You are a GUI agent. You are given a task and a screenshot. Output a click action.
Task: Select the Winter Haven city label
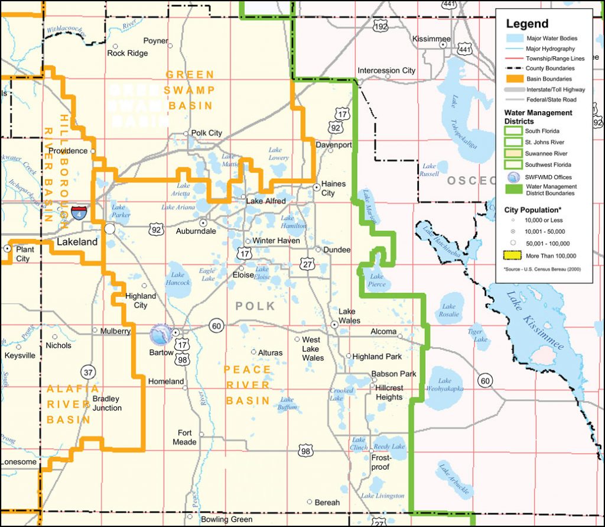coord(276,241)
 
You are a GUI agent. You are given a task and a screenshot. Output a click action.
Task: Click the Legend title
coord(527,24)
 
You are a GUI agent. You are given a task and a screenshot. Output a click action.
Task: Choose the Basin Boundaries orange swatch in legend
coord(513,79)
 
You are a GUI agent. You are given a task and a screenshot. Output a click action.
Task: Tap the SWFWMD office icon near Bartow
coord(160,335)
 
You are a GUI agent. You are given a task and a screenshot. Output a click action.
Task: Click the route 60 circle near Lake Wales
coord(216,325)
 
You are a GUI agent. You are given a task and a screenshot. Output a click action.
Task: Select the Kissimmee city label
coord(431,39)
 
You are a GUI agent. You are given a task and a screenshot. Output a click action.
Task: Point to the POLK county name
coord(255,306)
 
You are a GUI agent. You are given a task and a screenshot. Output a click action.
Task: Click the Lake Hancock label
coord(178,279)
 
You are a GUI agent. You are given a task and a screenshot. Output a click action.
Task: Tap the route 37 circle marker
coord(88,372)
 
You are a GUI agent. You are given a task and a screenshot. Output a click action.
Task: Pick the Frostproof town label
coord(380,463)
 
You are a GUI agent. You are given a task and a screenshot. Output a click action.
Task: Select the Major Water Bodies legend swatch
coord(513,38)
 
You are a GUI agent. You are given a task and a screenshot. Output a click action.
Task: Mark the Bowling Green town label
coord(226,520)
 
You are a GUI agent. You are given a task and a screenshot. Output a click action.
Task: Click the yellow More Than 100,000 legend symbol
coord(513,256)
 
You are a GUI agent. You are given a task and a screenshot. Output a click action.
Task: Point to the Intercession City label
coord(386,70)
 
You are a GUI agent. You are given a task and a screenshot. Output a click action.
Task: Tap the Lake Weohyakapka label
coord(444,385)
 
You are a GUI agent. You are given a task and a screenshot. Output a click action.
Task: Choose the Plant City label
coord(25,254)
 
